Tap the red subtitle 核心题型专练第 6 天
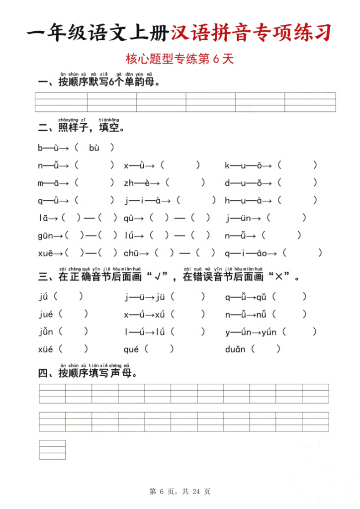[180, 59]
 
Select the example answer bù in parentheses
[94, 148]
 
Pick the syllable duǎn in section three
[235, 349]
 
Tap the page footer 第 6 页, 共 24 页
[180, 492]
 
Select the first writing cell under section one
[61, 102]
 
